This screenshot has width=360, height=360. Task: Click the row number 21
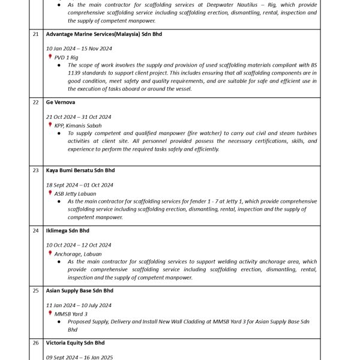[x=35, y=34]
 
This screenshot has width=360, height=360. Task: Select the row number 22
[x=35, y=103]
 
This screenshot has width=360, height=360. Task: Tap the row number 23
[x=35, y=170]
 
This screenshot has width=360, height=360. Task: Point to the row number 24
[x=35, y=230]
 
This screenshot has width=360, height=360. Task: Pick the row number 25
[x=35, y=290]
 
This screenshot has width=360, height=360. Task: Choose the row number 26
[x=35, y=343]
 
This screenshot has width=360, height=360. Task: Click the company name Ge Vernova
[x=61, y=103]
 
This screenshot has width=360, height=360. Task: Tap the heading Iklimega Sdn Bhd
[x=68, y=230]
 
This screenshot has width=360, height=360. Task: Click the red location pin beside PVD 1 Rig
[x=50, y=57]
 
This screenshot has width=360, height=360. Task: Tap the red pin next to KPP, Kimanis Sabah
[x=50, y=125]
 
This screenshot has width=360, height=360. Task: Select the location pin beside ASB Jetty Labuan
[x=50, y=193]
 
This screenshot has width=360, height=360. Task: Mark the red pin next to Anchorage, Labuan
[x=50, y=253]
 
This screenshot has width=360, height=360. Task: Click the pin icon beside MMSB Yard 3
[x=50, y=313]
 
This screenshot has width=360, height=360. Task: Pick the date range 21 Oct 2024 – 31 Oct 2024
[x=79, y=117]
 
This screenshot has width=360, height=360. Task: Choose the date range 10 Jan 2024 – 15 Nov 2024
[x=79, y=49]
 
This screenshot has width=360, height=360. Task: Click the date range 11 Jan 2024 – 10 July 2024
[x=80, y=305]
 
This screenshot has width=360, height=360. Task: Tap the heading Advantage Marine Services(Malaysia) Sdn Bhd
[x=104, y=34]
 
